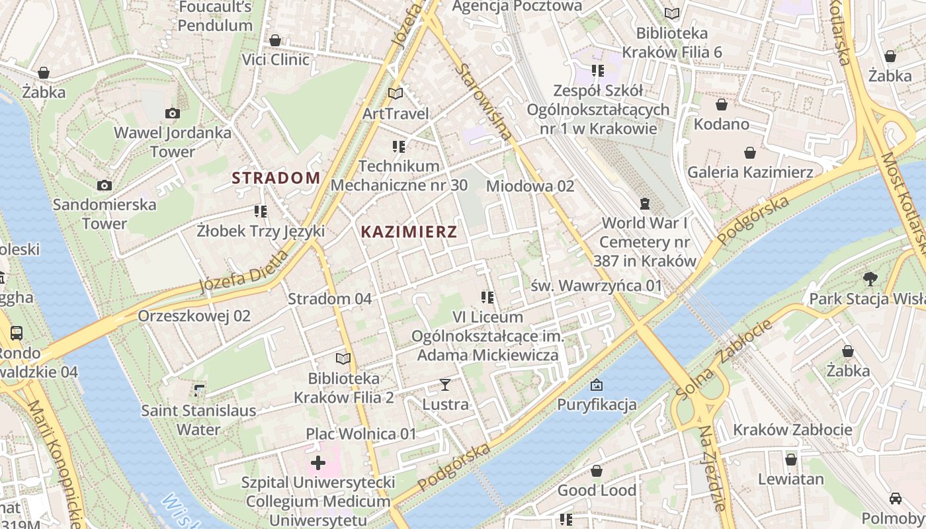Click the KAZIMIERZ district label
(409, 232)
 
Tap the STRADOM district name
(276, 178)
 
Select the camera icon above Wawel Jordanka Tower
(173, 114)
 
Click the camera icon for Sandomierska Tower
(105, 185)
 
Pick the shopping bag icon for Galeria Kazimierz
(750, 153)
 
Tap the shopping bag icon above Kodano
(721, 104)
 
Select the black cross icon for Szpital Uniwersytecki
(317, 462)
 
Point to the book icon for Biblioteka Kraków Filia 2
(343, 359)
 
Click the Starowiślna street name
(484, 102)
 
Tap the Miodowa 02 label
(530, 186)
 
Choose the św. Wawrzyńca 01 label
(597, 286)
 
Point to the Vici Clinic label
(275, 60)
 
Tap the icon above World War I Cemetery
(645, 203)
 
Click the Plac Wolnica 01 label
(361, 434)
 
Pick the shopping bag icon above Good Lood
(597, 471)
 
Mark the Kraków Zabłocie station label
(792, 430)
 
